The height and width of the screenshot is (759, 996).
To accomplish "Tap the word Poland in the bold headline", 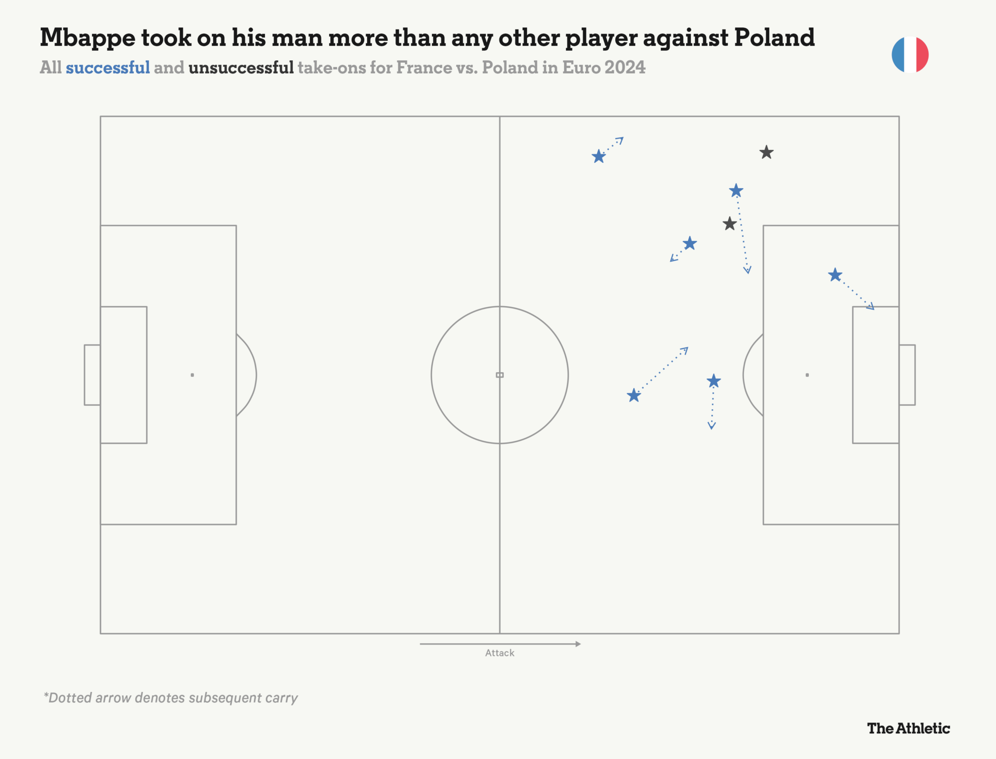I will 774,38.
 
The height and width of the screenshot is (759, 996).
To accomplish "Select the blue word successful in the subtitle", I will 107,68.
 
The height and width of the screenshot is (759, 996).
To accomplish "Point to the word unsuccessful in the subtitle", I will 241,68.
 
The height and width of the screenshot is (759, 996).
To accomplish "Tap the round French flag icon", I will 910,54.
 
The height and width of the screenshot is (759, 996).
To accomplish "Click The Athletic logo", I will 908,728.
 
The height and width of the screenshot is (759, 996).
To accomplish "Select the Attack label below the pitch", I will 499,653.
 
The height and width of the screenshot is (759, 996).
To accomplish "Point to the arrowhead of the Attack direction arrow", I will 578,644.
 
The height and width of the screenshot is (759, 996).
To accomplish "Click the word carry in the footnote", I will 282,698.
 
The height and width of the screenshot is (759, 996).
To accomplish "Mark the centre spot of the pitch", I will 499,375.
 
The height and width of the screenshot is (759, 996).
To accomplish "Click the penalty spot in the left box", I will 193,375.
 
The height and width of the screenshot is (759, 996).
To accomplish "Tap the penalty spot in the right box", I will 807,375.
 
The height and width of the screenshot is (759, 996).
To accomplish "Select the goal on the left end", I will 92,375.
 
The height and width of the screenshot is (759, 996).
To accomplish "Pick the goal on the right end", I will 907,375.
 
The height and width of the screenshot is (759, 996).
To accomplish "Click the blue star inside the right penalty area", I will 835,275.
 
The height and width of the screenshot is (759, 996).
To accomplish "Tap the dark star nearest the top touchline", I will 766,153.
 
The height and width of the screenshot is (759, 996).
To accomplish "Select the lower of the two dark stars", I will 729,224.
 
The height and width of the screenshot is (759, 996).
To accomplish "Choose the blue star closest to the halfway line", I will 599,157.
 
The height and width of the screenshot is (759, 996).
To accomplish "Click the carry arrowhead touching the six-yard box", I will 871,307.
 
